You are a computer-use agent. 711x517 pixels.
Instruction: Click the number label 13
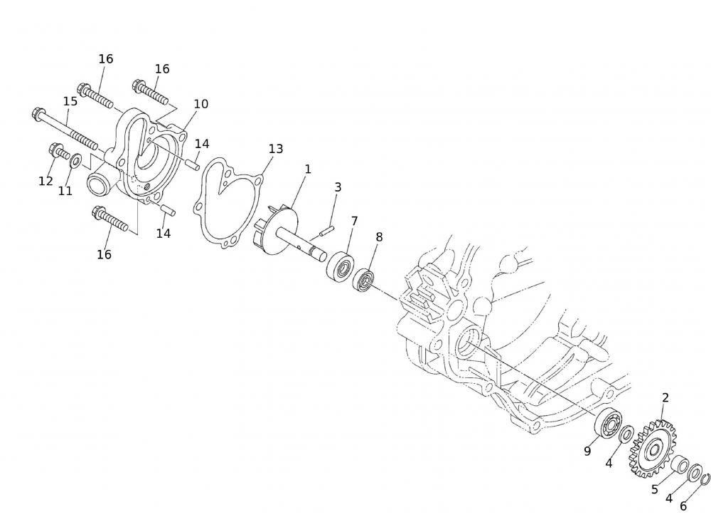[x=276, y=149]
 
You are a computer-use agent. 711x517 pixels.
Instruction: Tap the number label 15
[x=70, y=101]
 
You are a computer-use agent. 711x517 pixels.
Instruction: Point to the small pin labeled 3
[x=327, y=229]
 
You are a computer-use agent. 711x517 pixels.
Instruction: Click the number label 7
[x=354, y=221]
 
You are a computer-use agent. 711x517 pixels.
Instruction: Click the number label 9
[x=587, y=450]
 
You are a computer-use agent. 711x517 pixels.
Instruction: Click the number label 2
[x=665, y=398]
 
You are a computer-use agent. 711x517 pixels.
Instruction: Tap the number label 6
[x=683, y=506]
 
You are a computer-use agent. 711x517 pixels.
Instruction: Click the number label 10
[x=201, y=104]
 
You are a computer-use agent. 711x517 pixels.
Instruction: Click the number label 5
[x=655, y=490]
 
